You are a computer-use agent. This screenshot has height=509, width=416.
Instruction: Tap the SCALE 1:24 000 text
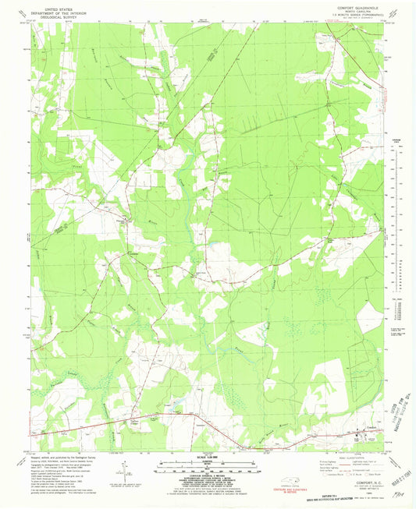[207, 454]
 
